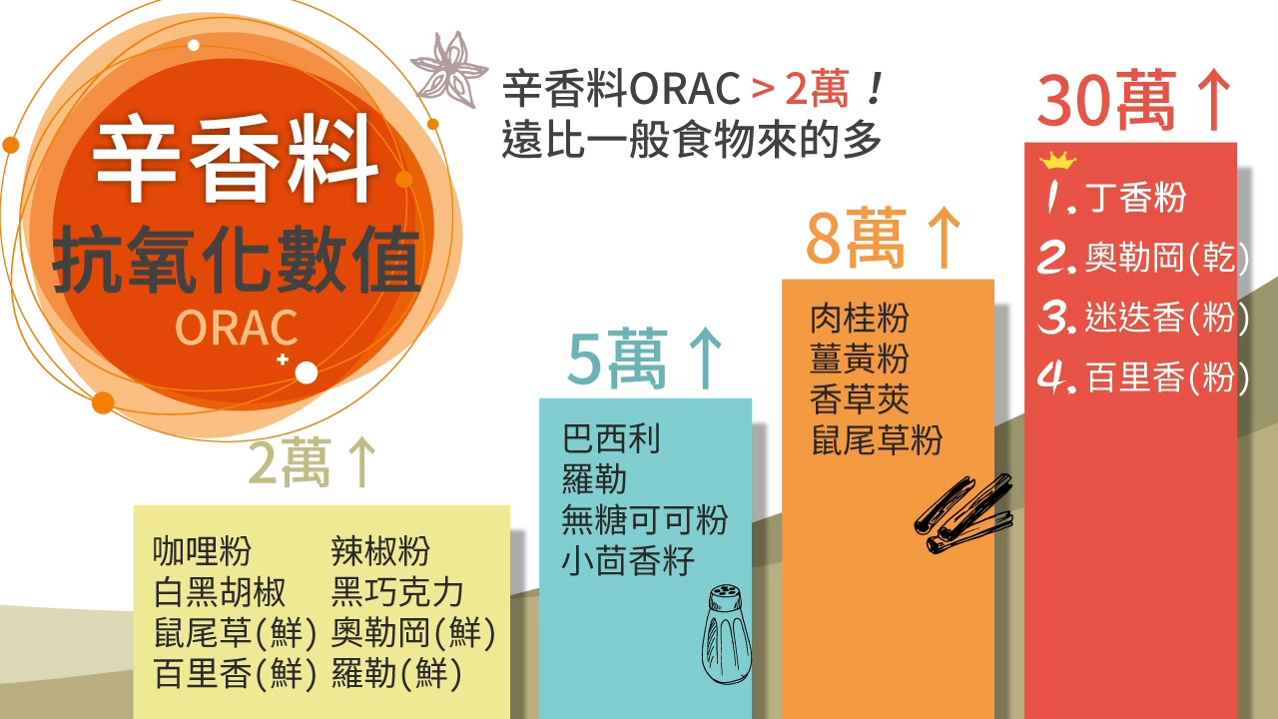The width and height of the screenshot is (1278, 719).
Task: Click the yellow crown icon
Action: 1057,161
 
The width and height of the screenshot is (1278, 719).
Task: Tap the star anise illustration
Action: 449,70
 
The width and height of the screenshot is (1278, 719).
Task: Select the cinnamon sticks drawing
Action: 963,513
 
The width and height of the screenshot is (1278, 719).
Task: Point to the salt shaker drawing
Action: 726,634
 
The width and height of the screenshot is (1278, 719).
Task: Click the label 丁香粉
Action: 1135,198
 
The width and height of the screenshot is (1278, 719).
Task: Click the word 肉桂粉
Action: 860,318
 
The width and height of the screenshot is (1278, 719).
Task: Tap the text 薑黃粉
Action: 860,359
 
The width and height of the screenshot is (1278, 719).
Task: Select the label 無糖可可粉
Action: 645,520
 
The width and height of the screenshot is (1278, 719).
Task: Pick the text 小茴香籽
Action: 628,560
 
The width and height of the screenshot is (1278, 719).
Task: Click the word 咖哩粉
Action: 202,550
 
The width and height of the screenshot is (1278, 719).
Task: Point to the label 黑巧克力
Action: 397,592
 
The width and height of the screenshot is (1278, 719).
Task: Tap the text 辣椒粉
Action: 380,550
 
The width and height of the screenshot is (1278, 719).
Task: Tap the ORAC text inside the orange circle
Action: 237,328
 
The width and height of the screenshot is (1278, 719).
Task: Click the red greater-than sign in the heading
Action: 763,90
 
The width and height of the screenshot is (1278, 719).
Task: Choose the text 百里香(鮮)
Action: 235,674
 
